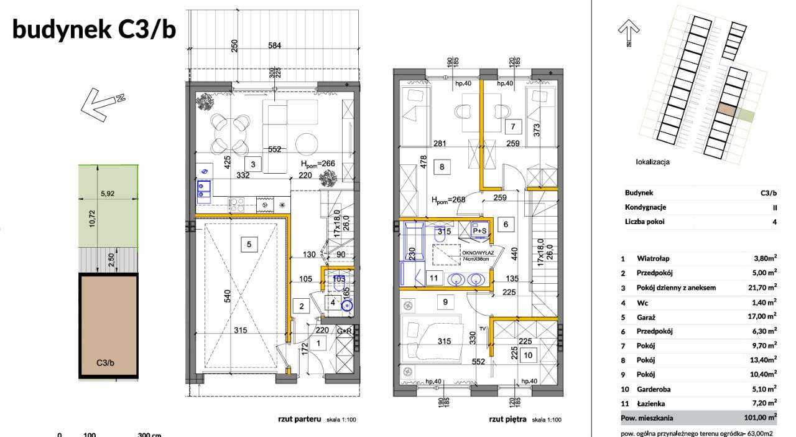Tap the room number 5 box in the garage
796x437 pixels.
249,245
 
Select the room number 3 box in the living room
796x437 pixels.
252,165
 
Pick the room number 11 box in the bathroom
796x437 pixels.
434,278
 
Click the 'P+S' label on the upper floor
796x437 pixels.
480,230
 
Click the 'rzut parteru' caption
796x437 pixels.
298,420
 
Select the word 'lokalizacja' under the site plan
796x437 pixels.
652,162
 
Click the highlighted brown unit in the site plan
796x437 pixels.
727,110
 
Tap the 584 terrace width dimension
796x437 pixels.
274,45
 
